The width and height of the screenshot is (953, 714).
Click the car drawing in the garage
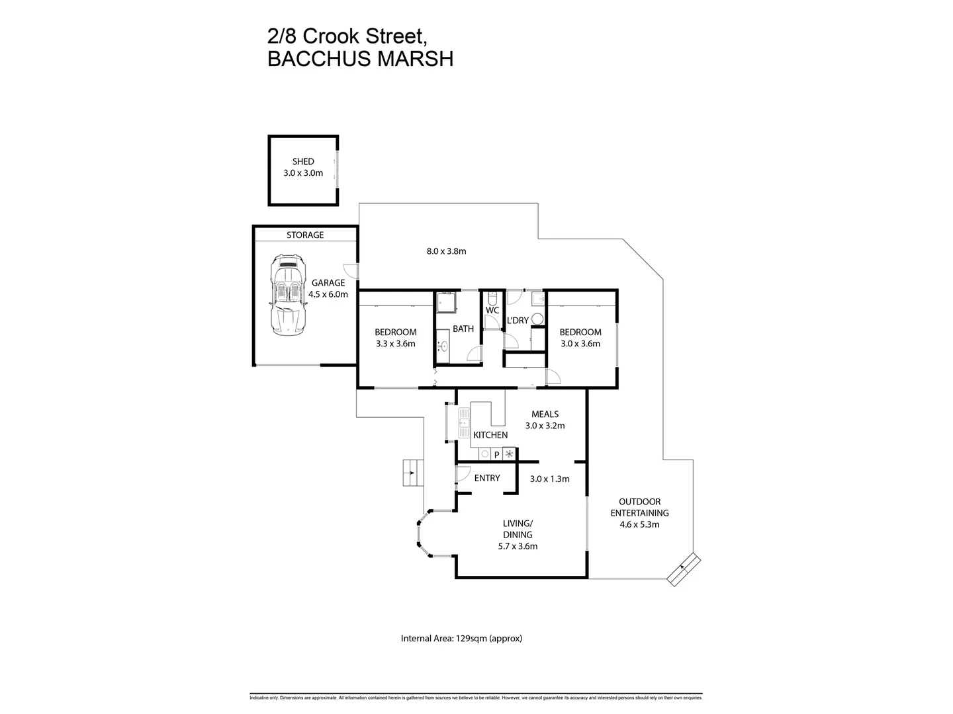tap(289, 295)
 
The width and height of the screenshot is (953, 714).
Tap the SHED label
tap(303, 161)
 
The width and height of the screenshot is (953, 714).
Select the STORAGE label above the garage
tap(305, 235)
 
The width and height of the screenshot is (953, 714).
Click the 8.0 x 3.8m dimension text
tap(446, 251)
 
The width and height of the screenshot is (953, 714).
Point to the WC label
tap(492, 310)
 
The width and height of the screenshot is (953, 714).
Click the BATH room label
tap(463, 329)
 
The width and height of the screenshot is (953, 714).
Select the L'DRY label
tap(518, 321)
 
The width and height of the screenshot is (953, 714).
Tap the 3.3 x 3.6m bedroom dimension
tap(395, 344)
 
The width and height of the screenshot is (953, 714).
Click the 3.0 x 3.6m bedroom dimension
tap(580, 344)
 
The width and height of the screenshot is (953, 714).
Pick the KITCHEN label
tap(490, 435)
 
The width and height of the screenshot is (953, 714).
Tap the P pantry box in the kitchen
tap(496, 455)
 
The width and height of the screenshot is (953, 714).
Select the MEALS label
tap(545, 415)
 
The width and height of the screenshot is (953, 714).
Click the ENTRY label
tap(487, 478)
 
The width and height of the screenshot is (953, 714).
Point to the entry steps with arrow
tap(412, 473)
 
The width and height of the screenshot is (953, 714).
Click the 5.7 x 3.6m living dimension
tap(518, 546)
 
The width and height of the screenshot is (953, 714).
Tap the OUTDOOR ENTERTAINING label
tap(639, 507)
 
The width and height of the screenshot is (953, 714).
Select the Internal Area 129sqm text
tap(462, 639)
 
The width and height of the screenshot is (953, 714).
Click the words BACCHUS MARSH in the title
tap(361, 59)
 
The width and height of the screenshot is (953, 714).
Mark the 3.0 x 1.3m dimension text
tap(550, 479)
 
